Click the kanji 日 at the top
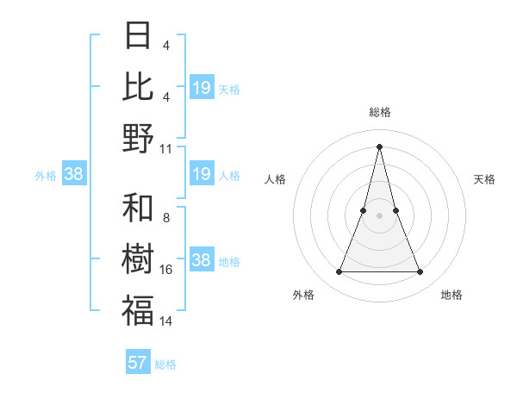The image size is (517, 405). [138, 35]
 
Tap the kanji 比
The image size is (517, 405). [138, 87]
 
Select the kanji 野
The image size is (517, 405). [138, 139]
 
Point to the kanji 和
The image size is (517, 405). [138, 208]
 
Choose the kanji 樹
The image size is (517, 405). [138, 259]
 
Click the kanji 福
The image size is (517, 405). [138, 311]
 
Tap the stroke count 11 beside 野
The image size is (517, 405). [166, 148]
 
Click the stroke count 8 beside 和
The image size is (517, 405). [166, 217]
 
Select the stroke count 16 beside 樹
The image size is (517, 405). [166, 269]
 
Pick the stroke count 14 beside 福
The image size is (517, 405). [166, 321]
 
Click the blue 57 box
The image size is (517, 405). [138, 363]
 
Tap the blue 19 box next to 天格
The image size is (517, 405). [202, 88]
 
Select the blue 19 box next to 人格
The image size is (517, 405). [202, 175]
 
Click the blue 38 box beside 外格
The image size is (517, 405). [73, 175]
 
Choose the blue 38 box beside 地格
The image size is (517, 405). [202, 261]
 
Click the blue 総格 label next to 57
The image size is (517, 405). [165, 364]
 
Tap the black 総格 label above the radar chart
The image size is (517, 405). [379, 112]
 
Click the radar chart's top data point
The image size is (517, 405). [379, 146]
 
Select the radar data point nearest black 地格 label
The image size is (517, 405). [420, 272]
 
